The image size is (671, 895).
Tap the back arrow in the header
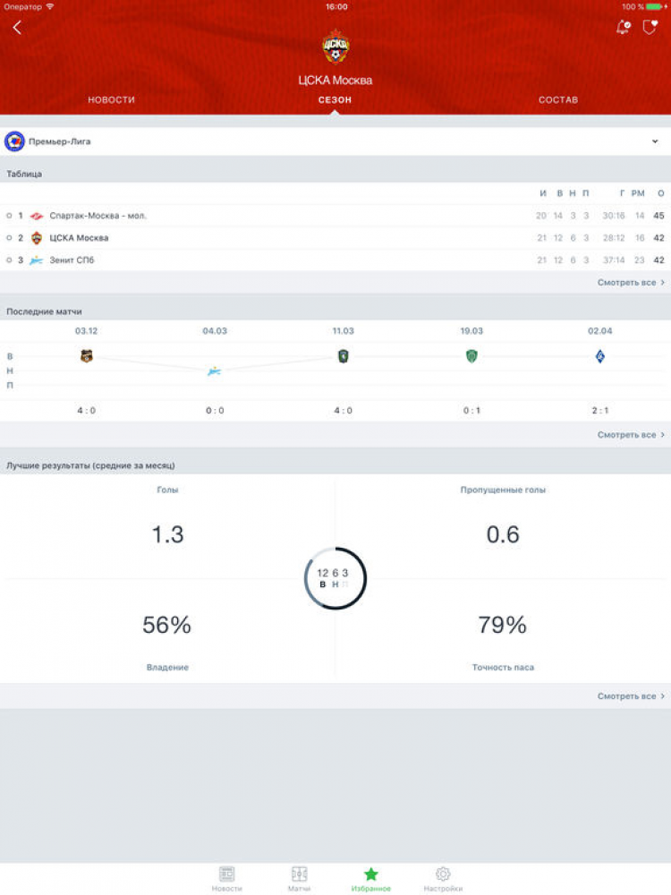coord(17,28)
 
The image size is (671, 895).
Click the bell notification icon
coord(623,28)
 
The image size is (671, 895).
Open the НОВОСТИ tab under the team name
coord(111,99)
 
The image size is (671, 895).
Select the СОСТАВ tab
coord(558,99)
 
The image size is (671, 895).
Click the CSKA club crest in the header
coord(335,47)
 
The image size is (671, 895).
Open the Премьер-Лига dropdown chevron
coord(655,141)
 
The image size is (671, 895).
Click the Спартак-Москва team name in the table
coord(98,216)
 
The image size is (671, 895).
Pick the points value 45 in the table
coord(659,216)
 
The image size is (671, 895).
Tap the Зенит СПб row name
coord(72,260)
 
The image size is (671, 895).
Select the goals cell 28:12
coord(614,238)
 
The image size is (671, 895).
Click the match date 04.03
coord(215,331)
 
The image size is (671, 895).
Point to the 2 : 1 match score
coord(600,411)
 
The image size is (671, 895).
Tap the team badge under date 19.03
coord(471,356)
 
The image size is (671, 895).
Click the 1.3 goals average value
coord(167,534)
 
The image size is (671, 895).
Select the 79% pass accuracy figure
coord(503,625)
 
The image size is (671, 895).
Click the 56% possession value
coord(167,625)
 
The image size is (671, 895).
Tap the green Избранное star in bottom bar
coord(370,874)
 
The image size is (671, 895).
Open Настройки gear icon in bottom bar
coord(443,874)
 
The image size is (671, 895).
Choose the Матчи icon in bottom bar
coord(299,874)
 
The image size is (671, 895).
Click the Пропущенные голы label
coord(503,490)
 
